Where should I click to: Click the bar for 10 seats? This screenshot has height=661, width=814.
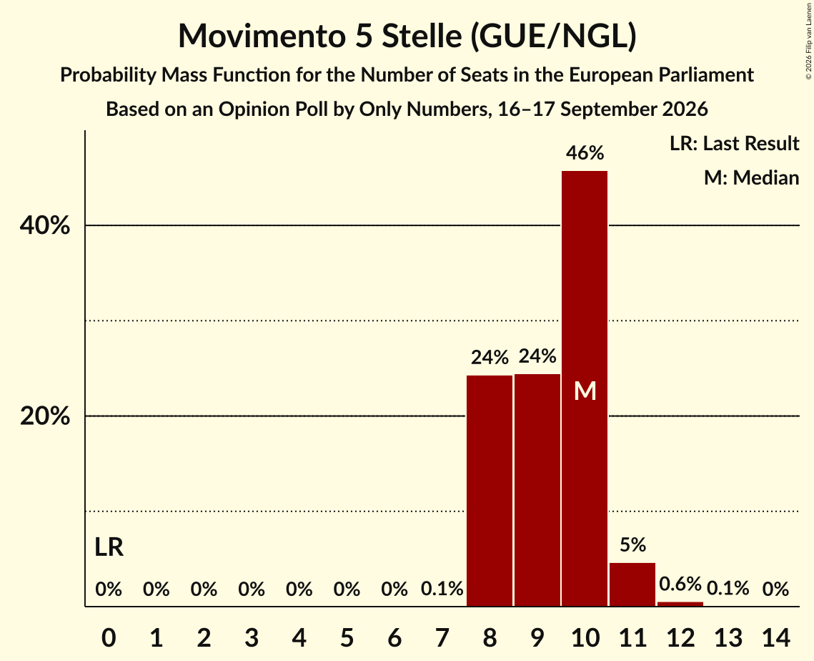585,388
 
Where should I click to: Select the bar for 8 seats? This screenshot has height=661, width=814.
490,491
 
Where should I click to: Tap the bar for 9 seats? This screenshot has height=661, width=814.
537,490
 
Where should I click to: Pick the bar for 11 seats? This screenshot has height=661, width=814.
632,584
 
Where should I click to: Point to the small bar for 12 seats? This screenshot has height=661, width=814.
680,604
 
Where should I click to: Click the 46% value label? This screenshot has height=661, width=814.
585,153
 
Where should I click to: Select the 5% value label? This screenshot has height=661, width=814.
632,544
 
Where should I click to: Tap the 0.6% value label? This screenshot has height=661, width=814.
680,584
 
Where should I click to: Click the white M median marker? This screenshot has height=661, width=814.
585,391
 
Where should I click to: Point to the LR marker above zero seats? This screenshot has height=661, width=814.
109,547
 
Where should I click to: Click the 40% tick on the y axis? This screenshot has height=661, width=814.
44,225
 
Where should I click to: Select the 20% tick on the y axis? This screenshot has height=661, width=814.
44,416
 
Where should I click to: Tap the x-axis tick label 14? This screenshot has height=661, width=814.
775,637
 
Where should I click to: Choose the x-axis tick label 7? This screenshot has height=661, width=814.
442,637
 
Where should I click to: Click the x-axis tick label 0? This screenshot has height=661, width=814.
109,637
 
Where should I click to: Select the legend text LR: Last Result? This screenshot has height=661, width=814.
734,143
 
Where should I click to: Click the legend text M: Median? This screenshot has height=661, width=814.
751,177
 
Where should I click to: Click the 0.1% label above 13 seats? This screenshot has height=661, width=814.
728,588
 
